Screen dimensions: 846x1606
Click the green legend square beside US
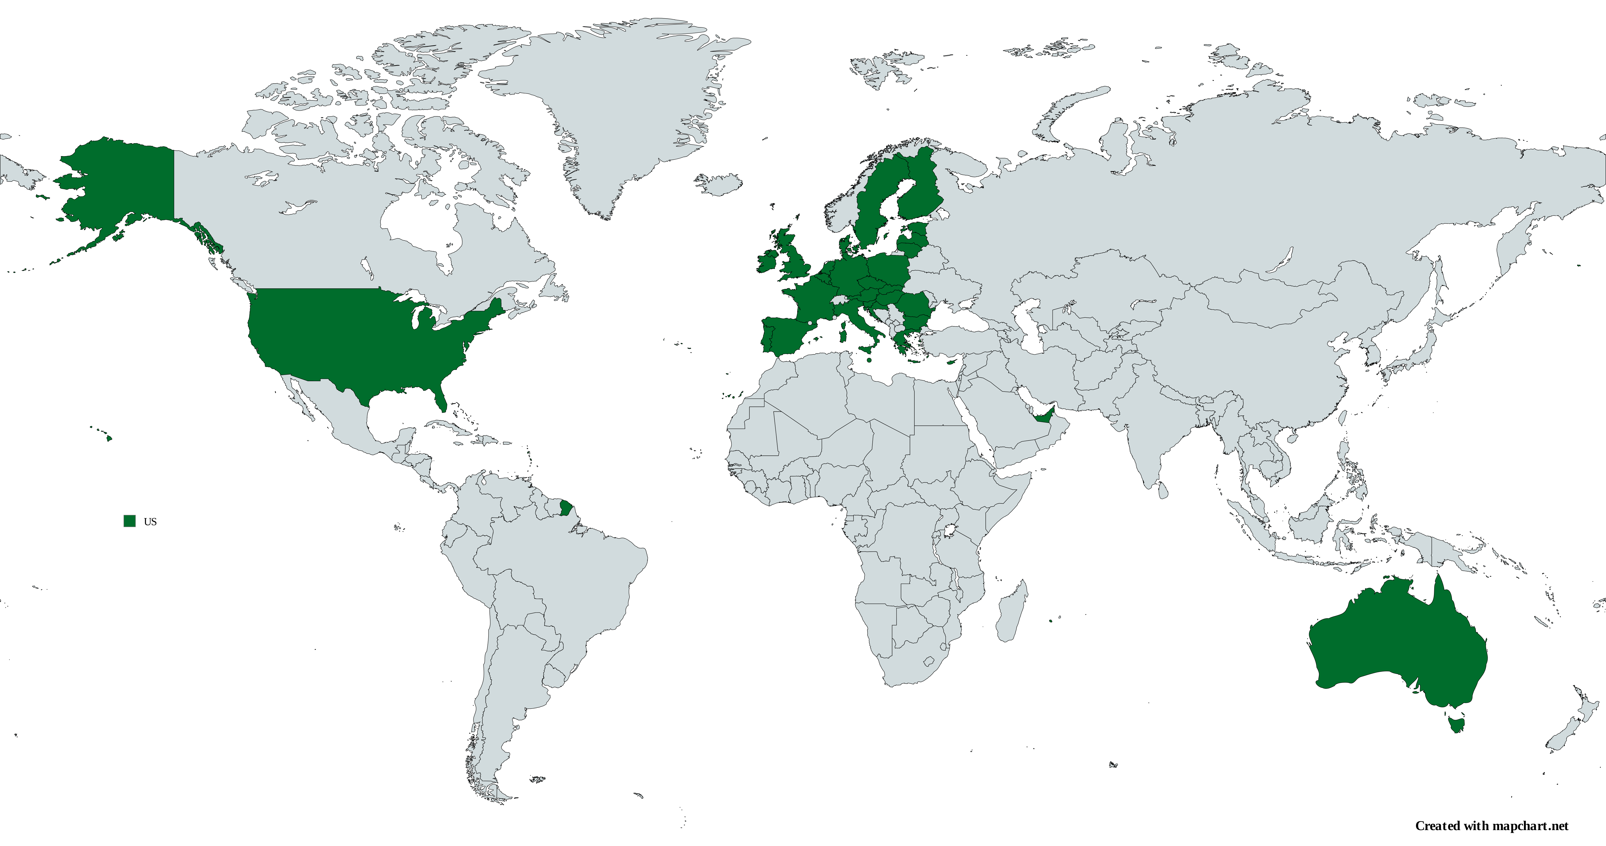tap(130, 521)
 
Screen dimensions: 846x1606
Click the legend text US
tap(150, 522)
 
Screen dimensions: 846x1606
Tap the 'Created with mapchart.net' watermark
tap(1491, 826)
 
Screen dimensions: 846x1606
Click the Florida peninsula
tap(441, 399)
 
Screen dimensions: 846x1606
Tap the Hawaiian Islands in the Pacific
tap(109, 438)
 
